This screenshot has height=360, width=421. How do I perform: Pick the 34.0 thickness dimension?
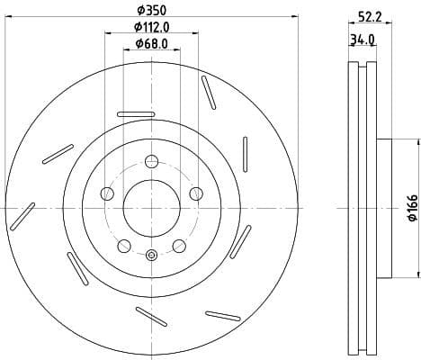click(363, 40)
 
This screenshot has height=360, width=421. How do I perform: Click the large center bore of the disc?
click(151, 207)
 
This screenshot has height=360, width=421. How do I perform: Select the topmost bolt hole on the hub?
click(151, 162)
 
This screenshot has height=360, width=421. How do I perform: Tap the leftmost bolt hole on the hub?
click(108, 193)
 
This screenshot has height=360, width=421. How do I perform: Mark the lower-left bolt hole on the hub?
click(125, 246)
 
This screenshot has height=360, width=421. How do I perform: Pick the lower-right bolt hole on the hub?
click(178, 246)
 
